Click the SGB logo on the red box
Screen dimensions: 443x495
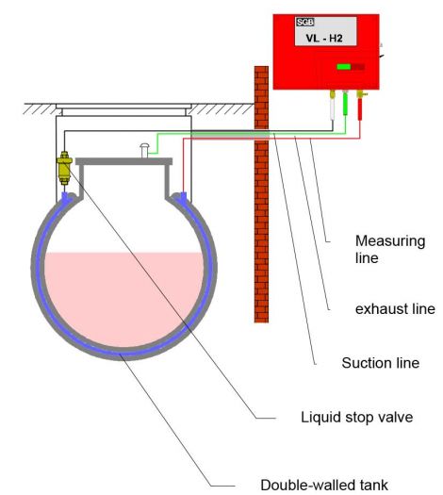[x=304, y=22]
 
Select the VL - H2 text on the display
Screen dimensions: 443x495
[x=324, y=39]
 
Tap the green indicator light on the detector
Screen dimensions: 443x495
[x=344, y=67]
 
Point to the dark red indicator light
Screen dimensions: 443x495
[x=358, y=67]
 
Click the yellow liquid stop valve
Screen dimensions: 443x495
[x=64, y=167]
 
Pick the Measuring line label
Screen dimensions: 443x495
[x=390, y=250]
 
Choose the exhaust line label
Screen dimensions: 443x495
[x=395, y=309]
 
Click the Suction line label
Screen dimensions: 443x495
[x=381, y=363]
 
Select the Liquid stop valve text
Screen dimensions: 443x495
[x=357, y=418]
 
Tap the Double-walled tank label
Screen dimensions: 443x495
[x=324, y=485]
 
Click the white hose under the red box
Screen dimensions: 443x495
[x=332, y=109]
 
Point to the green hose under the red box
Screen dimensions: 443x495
[x=345, y=104]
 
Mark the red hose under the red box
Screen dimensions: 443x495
[x=359, y=108]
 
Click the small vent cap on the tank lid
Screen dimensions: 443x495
[x=144, y=150]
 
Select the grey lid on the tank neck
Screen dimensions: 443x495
[x=124, y=161]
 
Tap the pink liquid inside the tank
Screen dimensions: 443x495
[x=123, y=298]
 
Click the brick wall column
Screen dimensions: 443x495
[x=261, y=194]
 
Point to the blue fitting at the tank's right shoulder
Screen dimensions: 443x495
[x=183, y=196]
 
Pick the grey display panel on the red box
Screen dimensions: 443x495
[x=325, y=31]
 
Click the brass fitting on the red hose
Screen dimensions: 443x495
[x=360, y=93]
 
